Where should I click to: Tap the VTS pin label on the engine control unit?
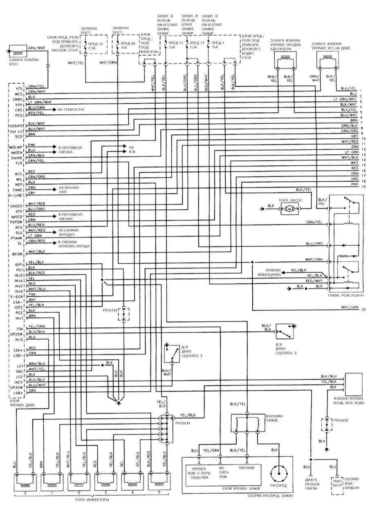point(18,88)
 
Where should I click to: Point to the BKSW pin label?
point(17,254)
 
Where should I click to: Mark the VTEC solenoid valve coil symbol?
point(18,52)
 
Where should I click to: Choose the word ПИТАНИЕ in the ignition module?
point(247,467)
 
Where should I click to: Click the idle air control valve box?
point(354,382)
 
